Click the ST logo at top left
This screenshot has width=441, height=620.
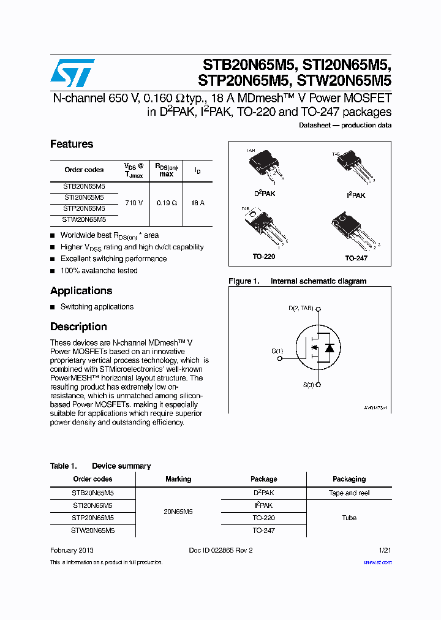click(72, 73)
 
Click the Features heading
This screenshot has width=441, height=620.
click(72, 144)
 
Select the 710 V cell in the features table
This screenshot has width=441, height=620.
click(134, 203)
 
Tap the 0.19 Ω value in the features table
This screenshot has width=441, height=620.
click(166, 203)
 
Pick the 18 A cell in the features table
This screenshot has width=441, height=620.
click(197, 203)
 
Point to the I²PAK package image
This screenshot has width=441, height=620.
click(356, 168)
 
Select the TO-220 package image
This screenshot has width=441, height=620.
click(263, 227)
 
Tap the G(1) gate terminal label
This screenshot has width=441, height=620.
click(277, 351)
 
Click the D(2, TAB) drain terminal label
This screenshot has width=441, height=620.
click(301, 308)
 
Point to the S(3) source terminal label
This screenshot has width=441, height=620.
click(308, 385)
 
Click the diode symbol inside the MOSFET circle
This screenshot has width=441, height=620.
click(330, 348)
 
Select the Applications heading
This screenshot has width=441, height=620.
click(81, 290)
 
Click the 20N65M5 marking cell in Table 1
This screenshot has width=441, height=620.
click(178, 511)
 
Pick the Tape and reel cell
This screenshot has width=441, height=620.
click(349, 493)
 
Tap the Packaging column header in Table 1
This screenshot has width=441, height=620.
click(349, 479)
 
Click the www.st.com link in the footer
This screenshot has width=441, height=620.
click(377, 562)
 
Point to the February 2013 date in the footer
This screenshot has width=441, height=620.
click(72, 550)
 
